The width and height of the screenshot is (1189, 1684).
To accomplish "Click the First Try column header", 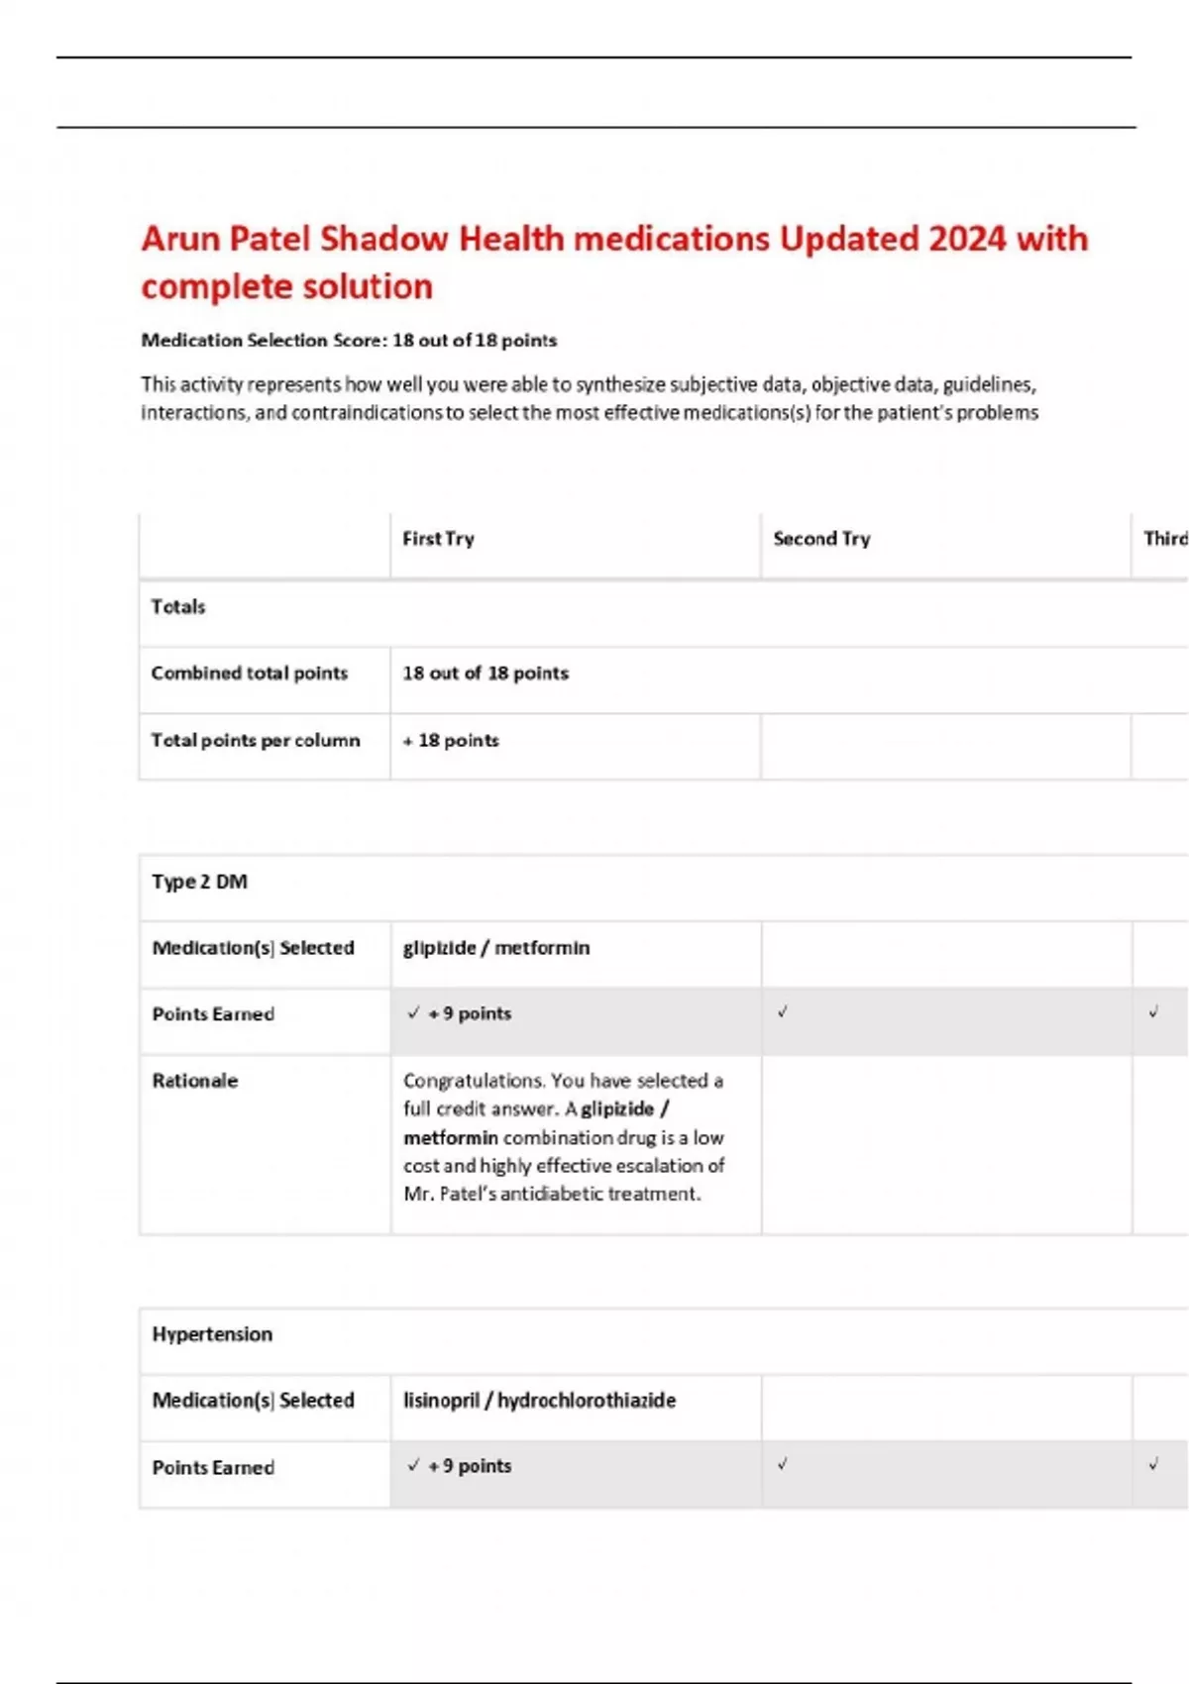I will (x=438, y=539).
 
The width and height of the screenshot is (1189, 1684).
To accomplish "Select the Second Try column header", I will (x=821, y=539).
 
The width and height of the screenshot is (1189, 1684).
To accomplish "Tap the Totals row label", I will (x=178, y=606).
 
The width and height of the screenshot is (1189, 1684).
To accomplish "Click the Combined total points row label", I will (x=250, y=673).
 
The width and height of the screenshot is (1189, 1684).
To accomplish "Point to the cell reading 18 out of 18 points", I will (x=486, y=673).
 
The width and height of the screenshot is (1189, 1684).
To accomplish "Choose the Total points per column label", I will (x=256, y=740).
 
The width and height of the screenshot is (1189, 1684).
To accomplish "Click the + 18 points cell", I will (x=451, y=740).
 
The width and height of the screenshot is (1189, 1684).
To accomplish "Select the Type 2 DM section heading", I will (x=200, y=882).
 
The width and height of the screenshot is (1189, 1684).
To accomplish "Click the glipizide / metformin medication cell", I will (x=496, y=948).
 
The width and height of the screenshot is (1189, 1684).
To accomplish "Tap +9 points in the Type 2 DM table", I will (x=470, y=1013).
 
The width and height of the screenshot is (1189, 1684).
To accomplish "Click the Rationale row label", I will (x=195, y=1081).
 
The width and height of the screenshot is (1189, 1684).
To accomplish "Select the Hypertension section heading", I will (x=212, y=1334).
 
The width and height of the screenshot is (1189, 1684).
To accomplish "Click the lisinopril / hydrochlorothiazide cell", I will (x=539, y=1401).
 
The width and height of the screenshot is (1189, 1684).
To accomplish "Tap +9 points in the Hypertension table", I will (x=470, y=1466).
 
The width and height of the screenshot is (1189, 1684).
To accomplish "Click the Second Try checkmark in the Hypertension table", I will (x=783, y=1464).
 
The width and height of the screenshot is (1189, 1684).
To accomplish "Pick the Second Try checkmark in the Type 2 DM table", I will (x=783, y=1011).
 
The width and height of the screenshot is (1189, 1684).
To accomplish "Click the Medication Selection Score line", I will (x=349, y=341).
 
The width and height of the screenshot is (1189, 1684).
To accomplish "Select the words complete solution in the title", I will (x=287, y=287).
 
